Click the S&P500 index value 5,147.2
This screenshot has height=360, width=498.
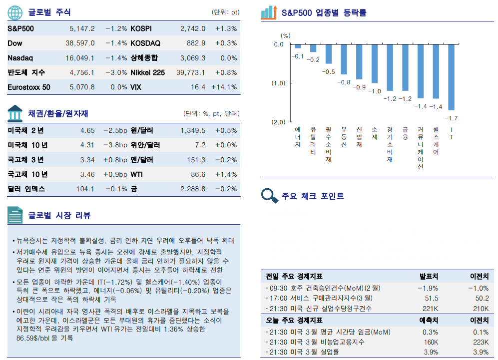[x=82, y=28]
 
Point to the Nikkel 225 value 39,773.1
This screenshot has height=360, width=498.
[x=190, y=72]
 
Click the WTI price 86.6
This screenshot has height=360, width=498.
[x=198, y=174]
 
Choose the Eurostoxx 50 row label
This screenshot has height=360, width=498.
[x=29, y=87]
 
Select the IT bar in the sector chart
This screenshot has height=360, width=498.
[x=451, y=77]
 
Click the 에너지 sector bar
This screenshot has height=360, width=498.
[x=298, y=46]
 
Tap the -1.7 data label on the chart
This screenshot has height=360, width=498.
[x=451, y=118]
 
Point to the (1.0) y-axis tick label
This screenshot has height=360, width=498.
[x=278, y=83]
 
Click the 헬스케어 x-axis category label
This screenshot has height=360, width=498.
[x=436, y=140]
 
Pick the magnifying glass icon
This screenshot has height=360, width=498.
[x=270, y=195]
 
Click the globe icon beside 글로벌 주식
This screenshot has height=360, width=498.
[x=15, y=12]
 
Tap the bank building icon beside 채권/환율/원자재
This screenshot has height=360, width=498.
[x=15, y=113]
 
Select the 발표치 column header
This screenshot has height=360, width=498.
[x=429, y=276]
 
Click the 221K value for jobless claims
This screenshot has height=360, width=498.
[x=430, y=308]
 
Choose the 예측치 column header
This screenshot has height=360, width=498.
[x=429, y=320]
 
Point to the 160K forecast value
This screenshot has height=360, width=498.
[x=430, y=342]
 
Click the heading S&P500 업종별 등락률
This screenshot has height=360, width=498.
[x=324, y=12]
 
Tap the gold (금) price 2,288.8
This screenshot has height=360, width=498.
[x=193, y=189]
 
